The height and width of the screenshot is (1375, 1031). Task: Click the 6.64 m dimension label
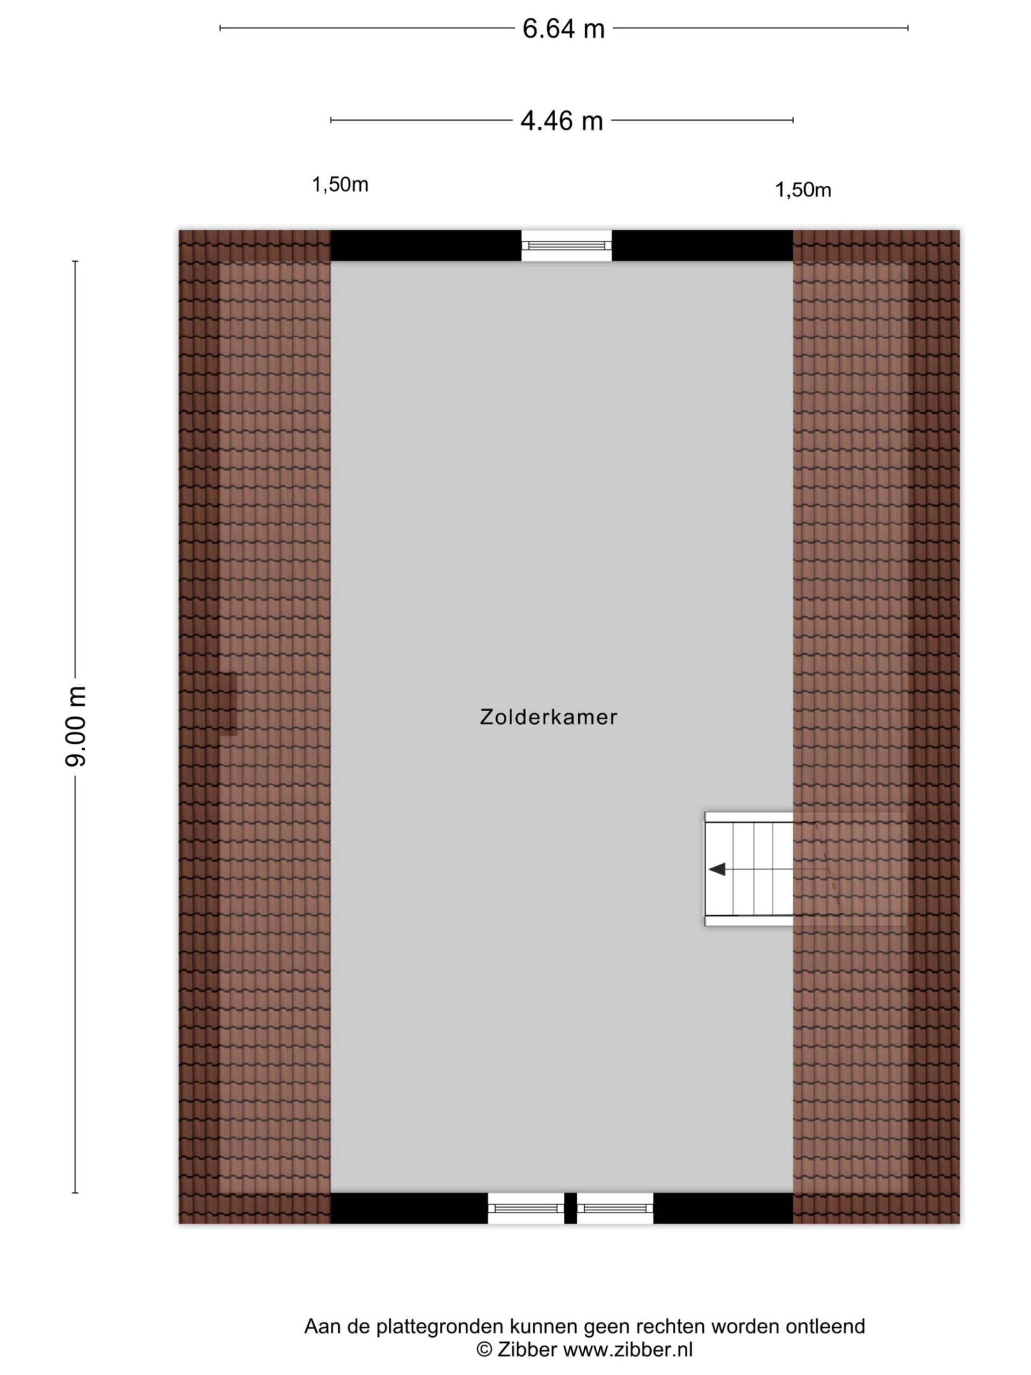pos(563,28)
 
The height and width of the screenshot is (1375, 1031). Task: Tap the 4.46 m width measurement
pos(561,121)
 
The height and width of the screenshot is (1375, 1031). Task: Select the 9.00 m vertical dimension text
pos(76,726)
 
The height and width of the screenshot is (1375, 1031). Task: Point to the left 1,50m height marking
pos(340,185)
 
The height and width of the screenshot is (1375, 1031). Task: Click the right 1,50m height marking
pos(803,190)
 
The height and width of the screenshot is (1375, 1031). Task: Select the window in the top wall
pos(566,245)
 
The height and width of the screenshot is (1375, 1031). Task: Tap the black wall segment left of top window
pos(426,245)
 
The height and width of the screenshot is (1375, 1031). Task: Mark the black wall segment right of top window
pos(702,245)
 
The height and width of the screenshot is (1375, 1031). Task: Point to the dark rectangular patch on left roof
pos(228,704)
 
